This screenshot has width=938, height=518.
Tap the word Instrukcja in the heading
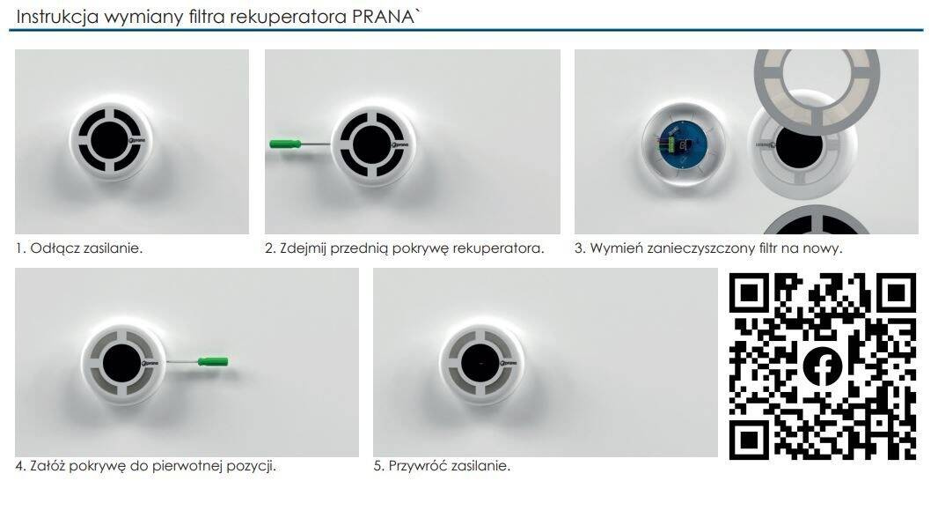[x=57, y=18]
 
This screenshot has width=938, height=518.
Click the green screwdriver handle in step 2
[x=285, y=144]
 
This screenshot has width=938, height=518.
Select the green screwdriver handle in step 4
[x=213, y=361]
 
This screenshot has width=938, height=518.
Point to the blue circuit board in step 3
[x=683, y=144]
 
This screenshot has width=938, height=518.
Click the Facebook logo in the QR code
[x=823, y=366]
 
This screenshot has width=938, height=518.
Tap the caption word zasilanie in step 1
[x=113, y=248]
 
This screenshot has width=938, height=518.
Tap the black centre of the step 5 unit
[x=480, y=364]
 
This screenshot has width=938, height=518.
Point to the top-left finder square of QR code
[x=748, y=292]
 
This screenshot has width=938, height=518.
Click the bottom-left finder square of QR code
[x=748, y=440]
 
